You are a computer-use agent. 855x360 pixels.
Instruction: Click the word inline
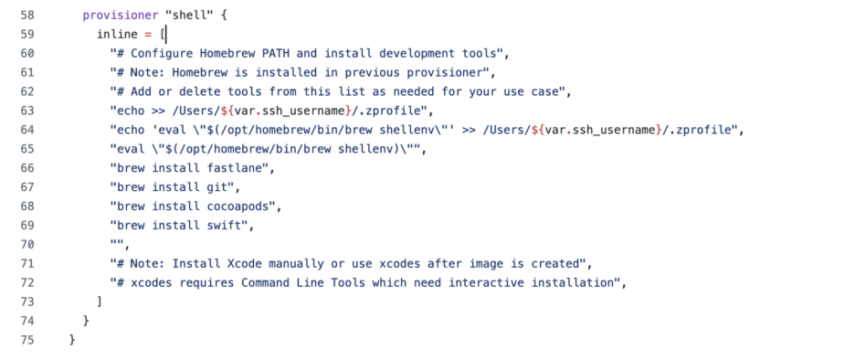[x=118, y=34]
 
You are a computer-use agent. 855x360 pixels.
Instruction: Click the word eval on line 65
[x=129, y=149]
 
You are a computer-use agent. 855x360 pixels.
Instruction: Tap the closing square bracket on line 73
[x=99, y=302]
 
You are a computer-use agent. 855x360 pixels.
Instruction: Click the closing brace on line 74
[x=85, y=321]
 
